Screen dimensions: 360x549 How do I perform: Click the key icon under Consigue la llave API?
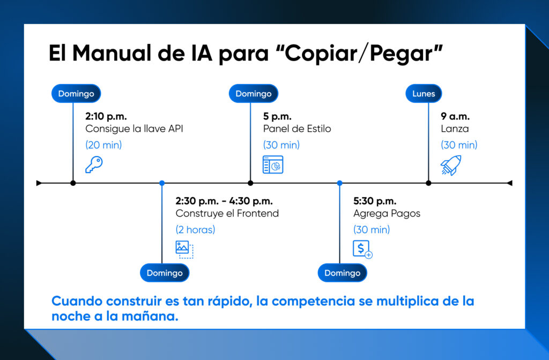point(94,164)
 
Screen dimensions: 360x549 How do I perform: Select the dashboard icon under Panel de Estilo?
point(273,164)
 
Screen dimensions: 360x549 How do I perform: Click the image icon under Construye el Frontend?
point(184,249)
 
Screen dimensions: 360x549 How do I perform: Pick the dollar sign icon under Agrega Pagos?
point(362,250)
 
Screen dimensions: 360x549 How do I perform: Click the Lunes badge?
point(424,94)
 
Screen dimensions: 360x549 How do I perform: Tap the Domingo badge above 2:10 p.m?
point(76,94)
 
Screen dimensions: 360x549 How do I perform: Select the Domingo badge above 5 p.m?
point(254,94)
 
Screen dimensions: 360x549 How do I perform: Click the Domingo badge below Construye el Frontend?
point(165,273)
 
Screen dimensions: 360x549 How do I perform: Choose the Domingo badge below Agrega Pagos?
point(343,273)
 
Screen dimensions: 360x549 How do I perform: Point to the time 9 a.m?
point(455,116)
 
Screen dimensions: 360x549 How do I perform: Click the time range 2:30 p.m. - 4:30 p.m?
point(224,201)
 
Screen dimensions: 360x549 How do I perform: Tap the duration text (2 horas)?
point(195,230)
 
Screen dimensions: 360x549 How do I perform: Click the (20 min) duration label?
point(103,145)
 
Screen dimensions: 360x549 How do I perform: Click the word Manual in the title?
point(114,54)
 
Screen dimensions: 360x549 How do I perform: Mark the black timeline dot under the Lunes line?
point(428,183)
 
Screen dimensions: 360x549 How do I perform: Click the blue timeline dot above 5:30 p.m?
point(339,183)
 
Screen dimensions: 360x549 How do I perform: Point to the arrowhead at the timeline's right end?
point(509,183)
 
